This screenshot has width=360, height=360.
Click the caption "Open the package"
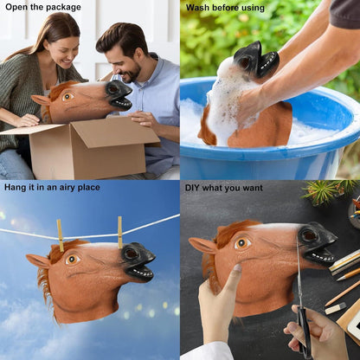(x=43, y=7)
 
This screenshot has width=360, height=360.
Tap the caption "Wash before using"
(x=225, y=8)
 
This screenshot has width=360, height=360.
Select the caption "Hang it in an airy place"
(x=52, y=187)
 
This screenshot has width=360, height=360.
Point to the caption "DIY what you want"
(x=224, y=188)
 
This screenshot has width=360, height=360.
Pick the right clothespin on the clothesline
(x=120, y=233)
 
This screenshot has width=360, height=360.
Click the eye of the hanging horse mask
(x=72, y=260)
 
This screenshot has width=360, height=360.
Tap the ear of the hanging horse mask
(x=38, y=261)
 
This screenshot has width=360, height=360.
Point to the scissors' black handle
(x=305, y=331)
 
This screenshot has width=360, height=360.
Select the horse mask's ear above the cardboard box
(x=42, y=100)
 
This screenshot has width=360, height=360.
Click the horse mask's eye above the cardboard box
(x=67, y=97)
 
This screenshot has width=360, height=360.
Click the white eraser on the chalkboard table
(x=336, y=308)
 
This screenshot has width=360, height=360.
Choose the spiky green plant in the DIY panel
(x=327, y=192)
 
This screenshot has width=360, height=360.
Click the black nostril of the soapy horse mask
(x=245, y=61)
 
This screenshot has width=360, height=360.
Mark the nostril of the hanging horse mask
(x=132, y=254)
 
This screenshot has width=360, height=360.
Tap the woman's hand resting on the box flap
(x=27, y=120)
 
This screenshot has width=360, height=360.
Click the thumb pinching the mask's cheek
(x=236, y=273)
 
